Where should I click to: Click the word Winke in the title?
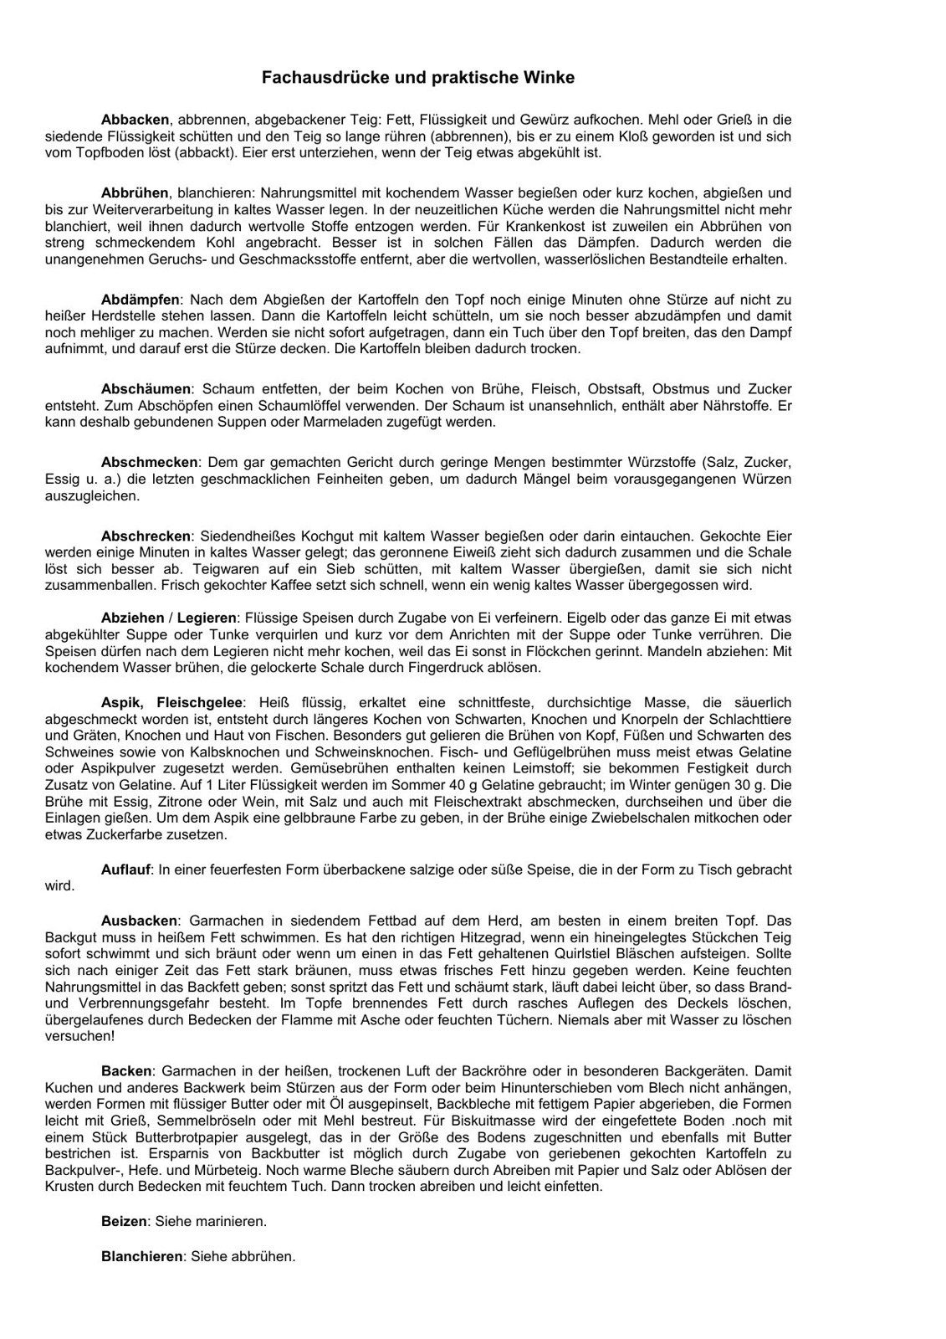[550, 78]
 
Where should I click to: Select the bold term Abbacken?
[135, 120]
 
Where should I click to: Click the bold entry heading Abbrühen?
[135, 193]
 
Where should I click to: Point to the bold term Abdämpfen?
[141, 300]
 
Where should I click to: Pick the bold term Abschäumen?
[146, 389]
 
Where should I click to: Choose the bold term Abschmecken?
[150, 463]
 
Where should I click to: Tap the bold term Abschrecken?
[146, 536]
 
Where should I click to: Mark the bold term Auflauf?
[126, 870]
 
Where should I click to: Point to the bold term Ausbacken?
[139, 921]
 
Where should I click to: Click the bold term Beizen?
[124, 1221]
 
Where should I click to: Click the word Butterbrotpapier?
[166, 1137]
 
